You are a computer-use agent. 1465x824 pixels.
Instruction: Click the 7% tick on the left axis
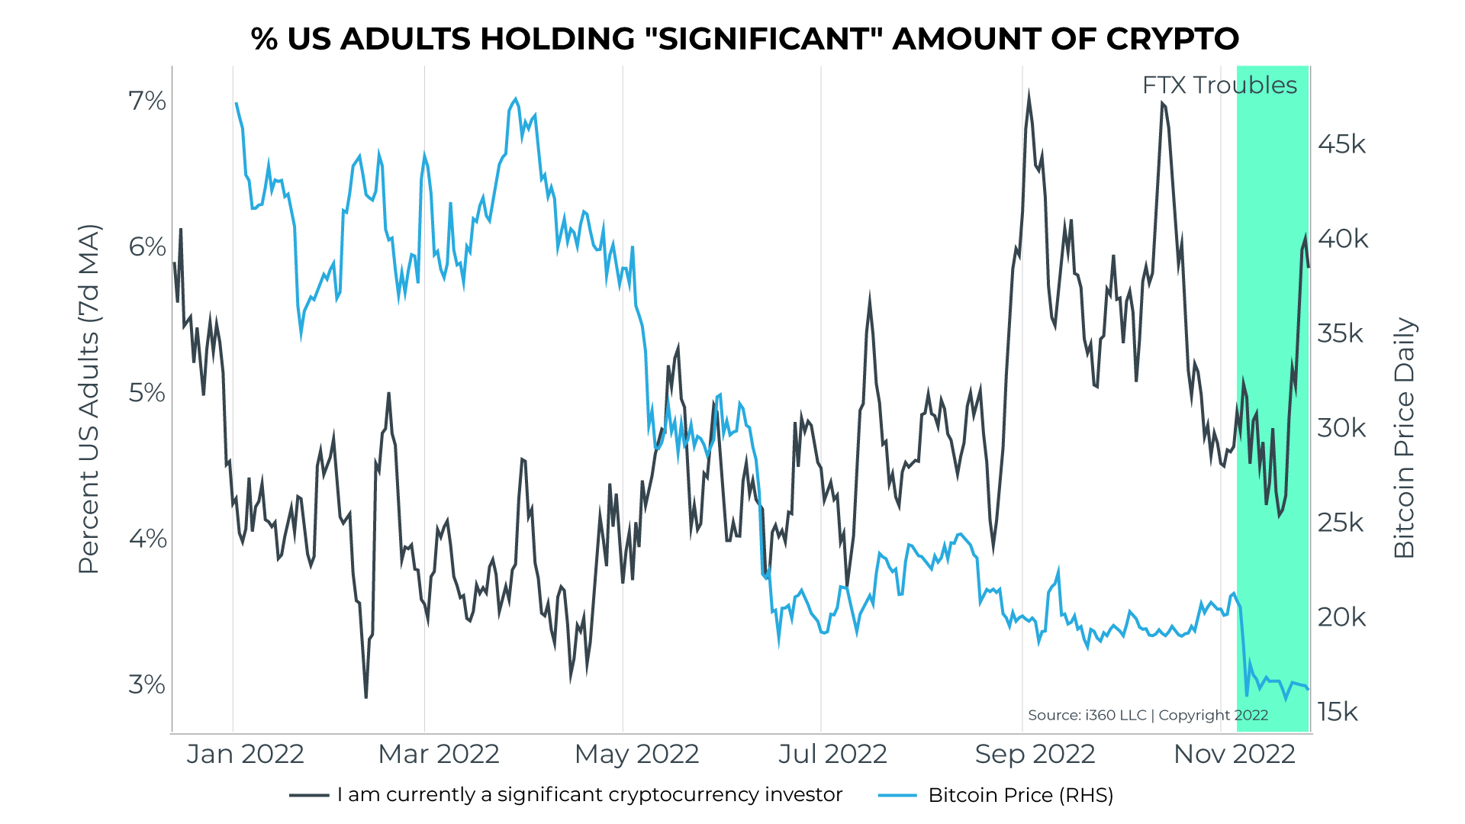coord(147,101)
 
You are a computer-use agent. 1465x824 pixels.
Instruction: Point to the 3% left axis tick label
coord(147,685)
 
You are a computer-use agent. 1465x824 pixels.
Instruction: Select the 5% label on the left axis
coord(147,393)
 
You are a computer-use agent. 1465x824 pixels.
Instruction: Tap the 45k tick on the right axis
coord(1341,144)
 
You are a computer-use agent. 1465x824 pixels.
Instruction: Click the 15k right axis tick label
coord(1338,712)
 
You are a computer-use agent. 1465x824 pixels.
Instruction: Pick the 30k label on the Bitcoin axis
coord(1341,428)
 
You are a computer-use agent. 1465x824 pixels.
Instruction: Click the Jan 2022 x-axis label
coord(245,754)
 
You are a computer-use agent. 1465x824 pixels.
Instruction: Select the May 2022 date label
coord(636,754)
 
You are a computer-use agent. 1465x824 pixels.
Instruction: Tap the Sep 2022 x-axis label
coord(1035,754)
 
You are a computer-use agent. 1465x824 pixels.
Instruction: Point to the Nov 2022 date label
coord(1234,754)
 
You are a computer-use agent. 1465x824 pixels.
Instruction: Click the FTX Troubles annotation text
coord(1219,85)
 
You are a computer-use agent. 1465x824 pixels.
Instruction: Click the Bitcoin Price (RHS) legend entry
coord(1020,795)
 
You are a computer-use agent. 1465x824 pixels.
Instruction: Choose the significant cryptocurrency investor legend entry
coord(589,795)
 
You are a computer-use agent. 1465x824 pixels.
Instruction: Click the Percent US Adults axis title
coord(89,399)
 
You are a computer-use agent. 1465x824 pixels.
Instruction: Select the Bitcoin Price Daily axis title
coord(1404,438)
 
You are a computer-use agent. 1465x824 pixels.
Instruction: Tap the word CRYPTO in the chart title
coord(1172,39)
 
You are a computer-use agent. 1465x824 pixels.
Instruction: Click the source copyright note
coord(1148,715)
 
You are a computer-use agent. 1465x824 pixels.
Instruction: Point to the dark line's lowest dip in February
coord(366,697)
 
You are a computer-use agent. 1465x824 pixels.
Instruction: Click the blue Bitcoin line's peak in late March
coord(516,99)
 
